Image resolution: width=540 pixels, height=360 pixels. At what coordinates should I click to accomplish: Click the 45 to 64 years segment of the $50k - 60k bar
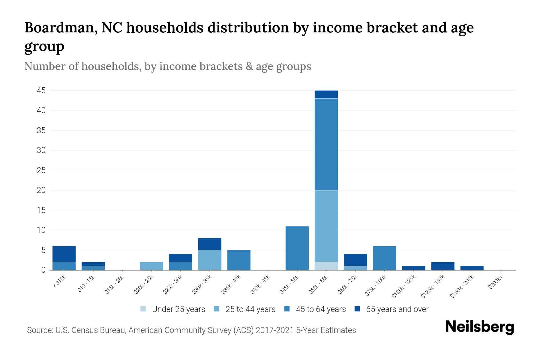tap(326, 144)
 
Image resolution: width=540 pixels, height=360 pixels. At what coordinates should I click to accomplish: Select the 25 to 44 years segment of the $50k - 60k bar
tap(326, 226)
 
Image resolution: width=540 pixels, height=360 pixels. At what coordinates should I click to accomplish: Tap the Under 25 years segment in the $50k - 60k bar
tap(326, 266)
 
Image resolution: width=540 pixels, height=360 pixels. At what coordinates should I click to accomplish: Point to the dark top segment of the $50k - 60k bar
tap(326, 94)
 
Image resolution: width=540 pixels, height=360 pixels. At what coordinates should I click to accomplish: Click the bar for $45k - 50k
tap(297, 248)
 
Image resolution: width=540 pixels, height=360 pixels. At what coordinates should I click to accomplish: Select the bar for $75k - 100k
tap(384, 258)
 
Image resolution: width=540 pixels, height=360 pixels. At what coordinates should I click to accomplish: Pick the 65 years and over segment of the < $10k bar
tap(64, 254)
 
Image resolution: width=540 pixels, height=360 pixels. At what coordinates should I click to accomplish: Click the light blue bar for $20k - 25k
tap(151, 266)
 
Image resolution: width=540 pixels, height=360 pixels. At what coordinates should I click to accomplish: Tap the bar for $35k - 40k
tap(239, 260)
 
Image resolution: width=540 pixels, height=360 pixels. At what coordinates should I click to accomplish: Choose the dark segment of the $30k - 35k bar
tap(210, 244)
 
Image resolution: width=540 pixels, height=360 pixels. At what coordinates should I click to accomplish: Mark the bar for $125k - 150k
tap(442, 266)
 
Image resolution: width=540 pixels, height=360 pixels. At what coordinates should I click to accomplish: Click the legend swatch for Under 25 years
tap(143, 309)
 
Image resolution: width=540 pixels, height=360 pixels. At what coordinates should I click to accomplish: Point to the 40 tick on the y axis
tap(41, 110)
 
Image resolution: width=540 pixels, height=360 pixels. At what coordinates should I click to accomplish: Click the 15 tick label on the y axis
tap(41, 210)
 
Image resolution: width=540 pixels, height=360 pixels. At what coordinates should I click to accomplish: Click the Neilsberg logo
tap(479, 327)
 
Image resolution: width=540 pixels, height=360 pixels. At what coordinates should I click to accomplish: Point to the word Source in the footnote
tap(39, 330)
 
